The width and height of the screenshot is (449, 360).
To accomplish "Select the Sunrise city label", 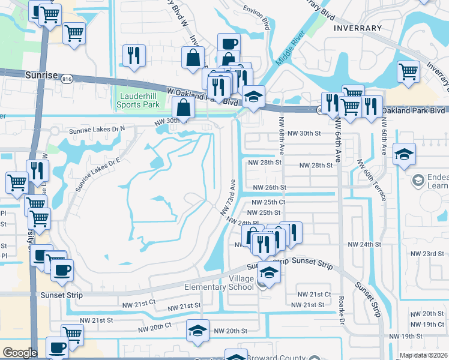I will [41, 76].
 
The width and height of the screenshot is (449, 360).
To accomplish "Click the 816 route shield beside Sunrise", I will [67, 79].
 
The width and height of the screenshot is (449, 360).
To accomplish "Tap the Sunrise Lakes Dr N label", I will [97, 128].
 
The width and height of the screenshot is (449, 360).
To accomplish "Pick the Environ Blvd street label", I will [257, 14].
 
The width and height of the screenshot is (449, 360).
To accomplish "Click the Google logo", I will [20, 353].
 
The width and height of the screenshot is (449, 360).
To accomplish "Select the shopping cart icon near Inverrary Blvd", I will [409, 71].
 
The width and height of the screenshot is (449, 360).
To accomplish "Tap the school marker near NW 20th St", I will [197, 330].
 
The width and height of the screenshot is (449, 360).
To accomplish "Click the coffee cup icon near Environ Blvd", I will [228, 43].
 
